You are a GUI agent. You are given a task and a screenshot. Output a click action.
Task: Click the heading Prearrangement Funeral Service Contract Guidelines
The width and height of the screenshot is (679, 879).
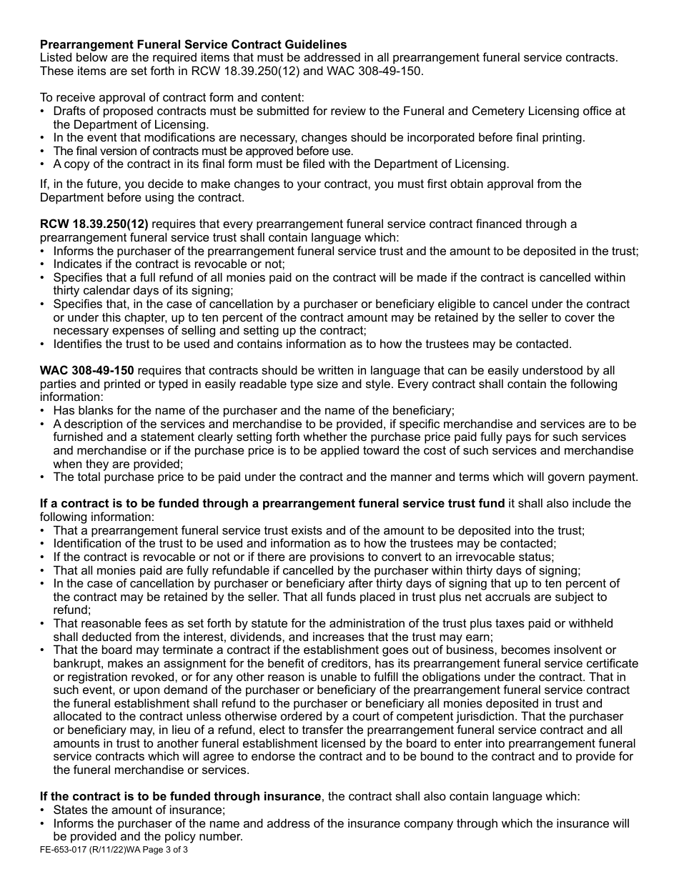(193, 44)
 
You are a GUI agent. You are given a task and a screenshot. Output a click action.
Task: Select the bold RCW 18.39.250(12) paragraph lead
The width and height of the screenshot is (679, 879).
(94, 224)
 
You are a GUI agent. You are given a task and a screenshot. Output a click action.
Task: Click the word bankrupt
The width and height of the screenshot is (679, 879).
(76, 663)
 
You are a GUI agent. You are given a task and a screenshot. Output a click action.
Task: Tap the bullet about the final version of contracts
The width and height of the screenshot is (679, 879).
(203, 151)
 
